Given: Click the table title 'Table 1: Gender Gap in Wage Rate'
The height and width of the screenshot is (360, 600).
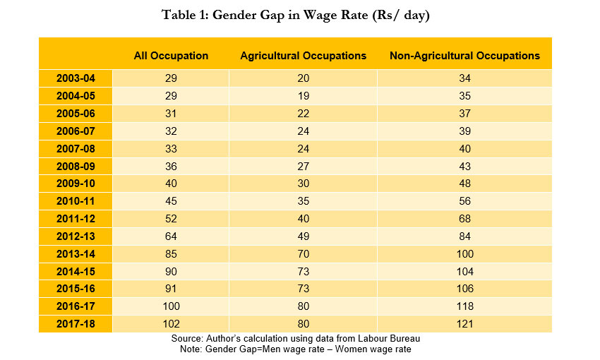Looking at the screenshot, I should tap(295, 15).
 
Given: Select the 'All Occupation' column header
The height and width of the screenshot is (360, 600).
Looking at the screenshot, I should tap(171, 55).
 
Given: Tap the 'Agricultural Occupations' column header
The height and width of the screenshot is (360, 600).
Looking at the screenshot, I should tap(303, 55).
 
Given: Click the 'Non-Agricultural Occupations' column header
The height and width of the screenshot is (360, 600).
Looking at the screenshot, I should tap(464, 55).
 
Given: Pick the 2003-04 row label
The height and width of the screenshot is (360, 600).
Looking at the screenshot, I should tap(76, 78).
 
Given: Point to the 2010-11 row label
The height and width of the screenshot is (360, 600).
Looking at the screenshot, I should tap(76, 201).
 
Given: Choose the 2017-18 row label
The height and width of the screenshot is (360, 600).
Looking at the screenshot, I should tap(76, 324).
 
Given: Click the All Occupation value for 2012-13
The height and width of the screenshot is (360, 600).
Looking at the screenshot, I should tap(171, 236).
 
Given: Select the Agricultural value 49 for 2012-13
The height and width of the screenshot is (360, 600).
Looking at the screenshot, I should tap(303, 236).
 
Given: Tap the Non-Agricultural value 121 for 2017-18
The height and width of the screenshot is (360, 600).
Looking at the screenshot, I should tap(464, 324).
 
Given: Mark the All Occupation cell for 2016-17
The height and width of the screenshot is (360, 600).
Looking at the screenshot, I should tap(171, 306).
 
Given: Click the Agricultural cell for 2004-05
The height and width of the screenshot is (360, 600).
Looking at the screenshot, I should tap(303, 96).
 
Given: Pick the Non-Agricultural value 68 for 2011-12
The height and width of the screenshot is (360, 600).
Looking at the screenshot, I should tap(464, 219).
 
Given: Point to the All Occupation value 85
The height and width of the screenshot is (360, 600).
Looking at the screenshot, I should tap(171, 254).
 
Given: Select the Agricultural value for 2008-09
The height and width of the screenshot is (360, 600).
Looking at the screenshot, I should tap(303, 166).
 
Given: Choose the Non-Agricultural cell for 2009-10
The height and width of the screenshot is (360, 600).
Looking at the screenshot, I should tap(464, 184).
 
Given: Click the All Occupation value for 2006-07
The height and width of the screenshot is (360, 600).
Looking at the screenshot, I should tap(171, 131).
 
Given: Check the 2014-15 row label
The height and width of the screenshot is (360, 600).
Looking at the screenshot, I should tap(76, 272).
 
